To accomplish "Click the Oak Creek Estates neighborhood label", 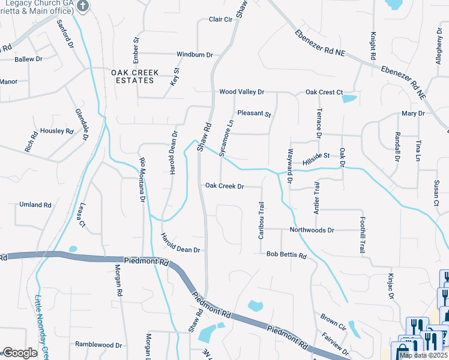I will pos(135,76).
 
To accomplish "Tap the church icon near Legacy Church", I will pos(83,7).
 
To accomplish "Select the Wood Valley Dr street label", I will pos(241,92).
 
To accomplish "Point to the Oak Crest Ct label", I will pos(324,92).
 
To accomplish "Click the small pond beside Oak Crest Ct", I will pos(349,98).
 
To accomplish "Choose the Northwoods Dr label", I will pos(311,230).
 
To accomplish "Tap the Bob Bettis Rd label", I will pos(287,256).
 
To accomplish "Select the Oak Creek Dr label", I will pos(224,186).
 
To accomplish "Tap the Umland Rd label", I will pos(35,205).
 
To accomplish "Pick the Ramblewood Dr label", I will pos(98,345).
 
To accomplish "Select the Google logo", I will pos(20,353).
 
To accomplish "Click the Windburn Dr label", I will pos(194,55).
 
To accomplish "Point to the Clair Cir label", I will pos(220,19).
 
